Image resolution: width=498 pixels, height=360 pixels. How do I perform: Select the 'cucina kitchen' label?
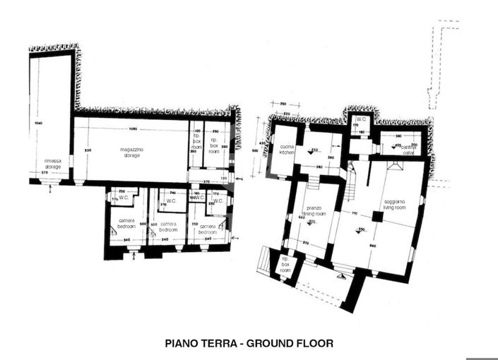pyautogui.click(x=287, y=150)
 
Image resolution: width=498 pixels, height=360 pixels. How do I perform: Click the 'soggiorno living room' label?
pyautogui.click(x=394, y=205)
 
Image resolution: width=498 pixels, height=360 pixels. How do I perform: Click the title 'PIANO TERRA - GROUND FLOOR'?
pyautogui.click(x=249, y=344)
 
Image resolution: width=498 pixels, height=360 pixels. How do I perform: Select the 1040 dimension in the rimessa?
pyautogui.click(x=37, y=124)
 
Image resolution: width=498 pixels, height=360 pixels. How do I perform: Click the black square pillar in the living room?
pyautogui.click(x=377, y=217)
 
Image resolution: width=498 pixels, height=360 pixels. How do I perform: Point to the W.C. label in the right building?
pyautogui.click(x=360, y=119)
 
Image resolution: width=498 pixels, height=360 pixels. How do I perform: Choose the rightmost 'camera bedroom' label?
pyautogui.click(x=208, y=229)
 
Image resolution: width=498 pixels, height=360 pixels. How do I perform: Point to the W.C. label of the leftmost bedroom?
pyautogui.click(x=124, y=197)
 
